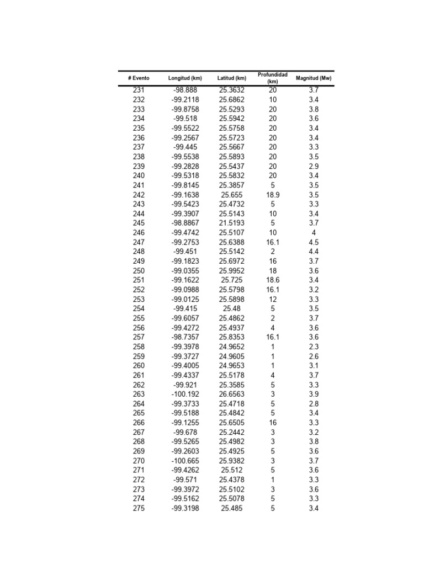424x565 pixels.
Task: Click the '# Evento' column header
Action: click(x=139, y=78)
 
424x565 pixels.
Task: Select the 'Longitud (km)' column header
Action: click(x=185, y=78)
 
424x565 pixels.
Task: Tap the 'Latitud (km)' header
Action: click(x=232, y=78)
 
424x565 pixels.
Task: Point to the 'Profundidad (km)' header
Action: click(x=273, y=78)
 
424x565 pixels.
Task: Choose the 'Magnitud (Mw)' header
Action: click(x=314, y=78)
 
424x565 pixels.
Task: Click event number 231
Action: click(x=139, y=90)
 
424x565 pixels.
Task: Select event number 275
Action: click(x=139, y=508)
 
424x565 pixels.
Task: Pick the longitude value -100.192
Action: click(x=185, y=394)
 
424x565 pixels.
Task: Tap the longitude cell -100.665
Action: click(x=185, y=461)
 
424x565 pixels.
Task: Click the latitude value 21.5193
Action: click(x=232, y=223)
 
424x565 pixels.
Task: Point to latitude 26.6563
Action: click(x=232, y=394)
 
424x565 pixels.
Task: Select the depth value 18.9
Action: click(x=273, y=195)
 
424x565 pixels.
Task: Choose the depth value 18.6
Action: click(x=273, y=280)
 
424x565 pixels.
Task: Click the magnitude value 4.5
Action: click(x=314, y=242)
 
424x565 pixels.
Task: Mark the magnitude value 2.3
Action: click(x=314, y=347)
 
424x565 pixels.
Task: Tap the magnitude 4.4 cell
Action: click(x=314, y=252)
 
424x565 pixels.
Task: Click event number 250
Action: click(x=139, y=271)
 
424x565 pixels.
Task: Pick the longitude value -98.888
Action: click(x=185, y=90)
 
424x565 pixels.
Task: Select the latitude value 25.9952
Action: click(x=232, y=271)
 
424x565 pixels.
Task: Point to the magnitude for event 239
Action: click(x=314, y=166)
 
